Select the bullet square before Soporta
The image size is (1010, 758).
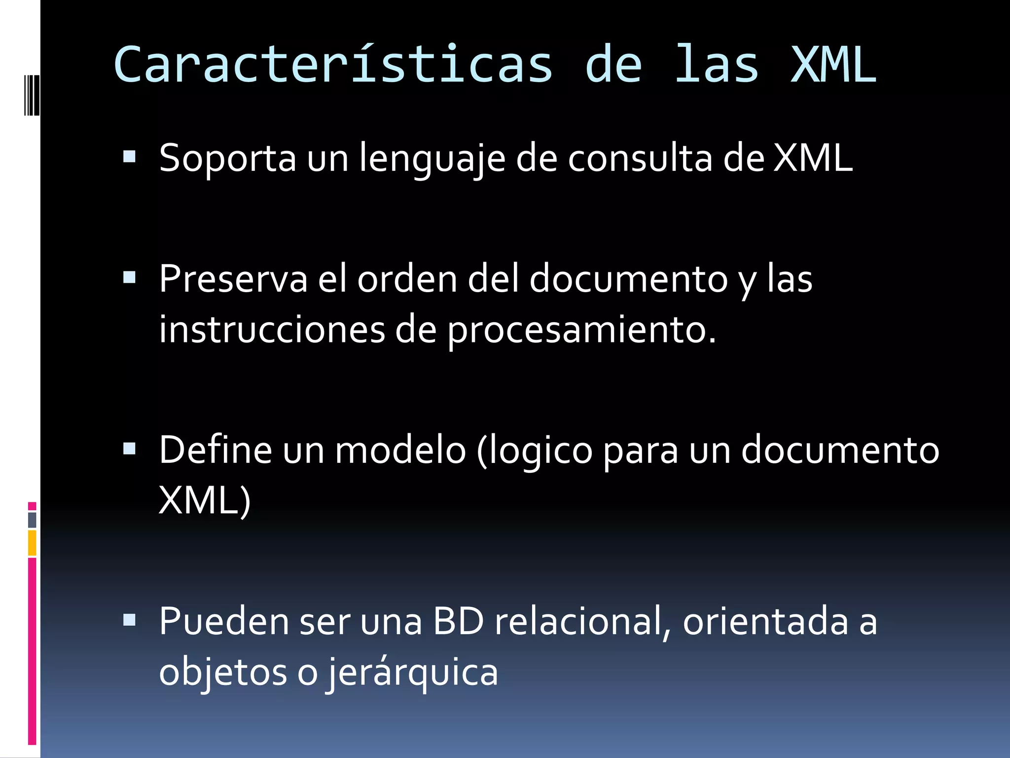pyautogui.click(x=130, y=157)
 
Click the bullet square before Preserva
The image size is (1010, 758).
pyautogui.click(x=130, y=277)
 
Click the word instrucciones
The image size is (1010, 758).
pyautogui.click(x=272, y=330)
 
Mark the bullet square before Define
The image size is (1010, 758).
pyautogui.click(x=130, y=448)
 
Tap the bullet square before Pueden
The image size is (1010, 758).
pyautogui.click(x=130, y=620)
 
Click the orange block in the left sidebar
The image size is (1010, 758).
pyautogui.click(x=32, y=543)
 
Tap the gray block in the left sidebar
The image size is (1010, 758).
pyautogui.click(x=32, y=520)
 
